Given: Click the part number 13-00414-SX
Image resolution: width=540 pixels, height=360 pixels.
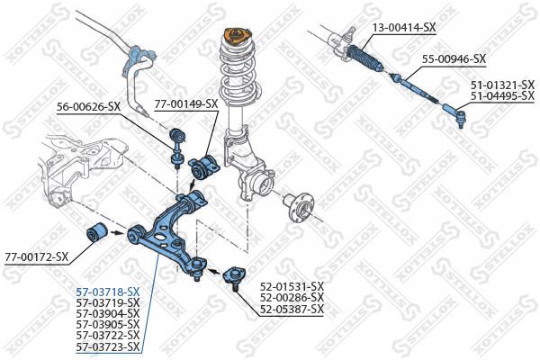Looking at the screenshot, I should coord(403,28).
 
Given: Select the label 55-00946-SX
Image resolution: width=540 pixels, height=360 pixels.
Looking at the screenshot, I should coord(454,59).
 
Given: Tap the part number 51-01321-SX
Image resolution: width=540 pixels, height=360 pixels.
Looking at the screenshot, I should coord(502,85).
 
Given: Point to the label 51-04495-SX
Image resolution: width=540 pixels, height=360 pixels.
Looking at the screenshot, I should coord(502,95).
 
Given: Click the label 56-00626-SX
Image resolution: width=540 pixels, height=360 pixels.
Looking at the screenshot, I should coord(88,106).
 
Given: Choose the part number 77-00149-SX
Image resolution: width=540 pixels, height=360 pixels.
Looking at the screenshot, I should coord(185,103).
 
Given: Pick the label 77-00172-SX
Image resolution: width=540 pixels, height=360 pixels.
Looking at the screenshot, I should coord(37,256).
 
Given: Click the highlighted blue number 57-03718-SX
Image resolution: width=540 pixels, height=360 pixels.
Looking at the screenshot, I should coord(108,292).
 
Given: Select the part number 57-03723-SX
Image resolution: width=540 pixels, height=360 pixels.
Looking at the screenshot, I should coord(108,346).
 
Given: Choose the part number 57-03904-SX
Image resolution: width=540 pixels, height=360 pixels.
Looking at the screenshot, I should coord(108,313).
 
